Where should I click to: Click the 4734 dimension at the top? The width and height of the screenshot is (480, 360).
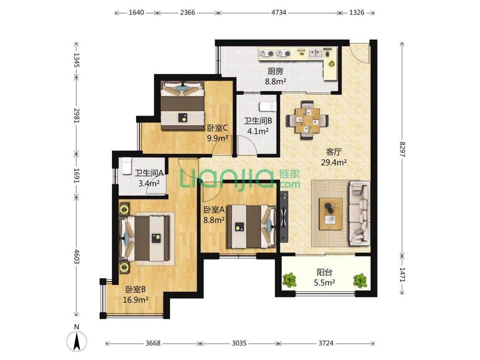278,12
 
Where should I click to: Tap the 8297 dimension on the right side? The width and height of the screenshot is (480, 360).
402,149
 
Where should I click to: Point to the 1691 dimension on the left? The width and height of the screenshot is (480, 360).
77,176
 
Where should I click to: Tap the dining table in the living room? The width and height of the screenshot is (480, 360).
308,120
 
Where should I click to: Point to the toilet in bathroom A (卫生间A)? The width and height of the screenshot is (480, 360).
127,166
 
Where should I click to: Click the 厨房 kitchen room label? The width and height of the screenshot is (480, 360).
275,71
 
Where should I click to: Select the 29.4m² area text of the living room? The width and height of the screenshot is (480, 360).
334,162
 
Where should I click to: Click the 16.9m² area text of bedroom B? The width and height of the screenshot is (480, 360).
136,299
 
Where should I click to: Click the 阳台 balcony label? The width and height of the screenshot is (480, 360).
325,272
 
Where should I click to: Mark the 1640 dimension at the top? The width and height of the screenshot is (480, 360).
136,12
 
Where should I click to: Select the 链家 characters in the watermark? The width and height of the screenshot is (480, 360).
289,174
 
